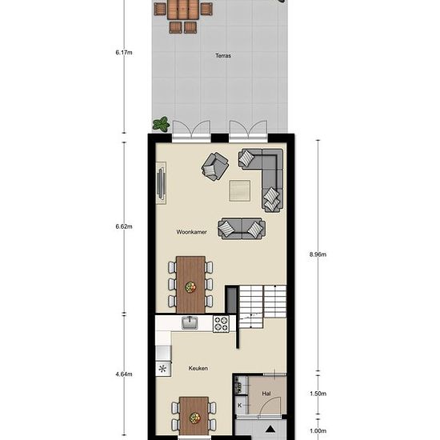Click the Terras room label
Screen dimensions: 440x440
[x=223, y=55]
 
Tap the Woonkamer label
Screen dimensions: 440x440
[x=192, y=232]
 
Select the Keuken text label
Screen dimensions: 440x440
[x=198, y=368]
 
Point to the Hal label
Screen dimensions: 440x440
[x=266, y=394]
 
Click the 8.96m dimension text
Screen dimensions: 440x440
[x=318, y=254]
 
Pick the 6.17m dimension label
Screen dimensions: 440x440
[x=124, y=53]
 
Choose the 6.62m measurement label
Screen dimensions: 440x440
[x=124, y=226]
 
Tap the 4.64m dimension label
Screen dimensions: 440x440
[x=124, y=374]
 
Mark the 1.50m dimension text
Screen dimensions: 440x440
[x=318, y=394]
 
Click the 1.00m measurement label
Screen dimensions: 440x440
[x=318, y=430]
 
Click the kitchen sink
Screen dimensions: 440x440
[x=190, y=322]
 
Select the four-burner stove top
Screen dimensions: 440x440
[x=221, y=324]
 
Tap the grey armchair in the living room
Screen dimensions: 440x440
[x=215, y=166]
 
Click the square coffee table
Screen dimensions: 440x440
[x=240, y=190]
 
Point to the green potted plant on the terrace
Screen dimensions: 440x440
[x=161, y=124]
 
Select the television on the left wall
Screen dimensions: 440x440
[x=161, y=182]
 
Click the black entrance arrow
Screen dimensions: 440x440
[x=270, y=429]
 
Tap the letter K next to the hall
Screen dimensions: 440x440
[x=240, y=406]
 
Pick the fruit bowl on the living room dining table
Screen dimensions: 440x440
[x=190, y=287]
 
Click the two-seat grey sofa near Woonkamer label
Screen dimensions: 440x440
[x=242, y=229]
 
